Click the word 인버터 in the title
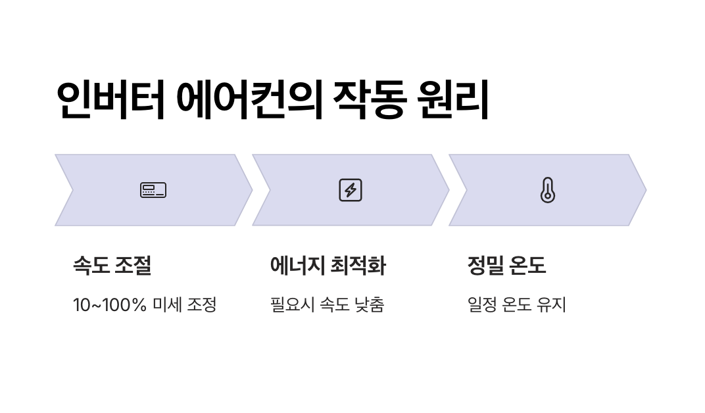(x=110, y=101)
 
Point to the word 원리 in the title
(x=454, y=101)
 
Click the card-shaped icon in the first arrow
(x=153, y=190)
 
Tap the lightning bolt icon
(x=351, y=190)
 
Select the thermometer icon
(x=547, y=190)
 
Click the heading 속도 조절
(x=112, y=266)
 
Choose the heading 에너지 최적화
(x=328, y=266)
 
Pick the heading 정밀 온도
(x=506, y=266)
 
